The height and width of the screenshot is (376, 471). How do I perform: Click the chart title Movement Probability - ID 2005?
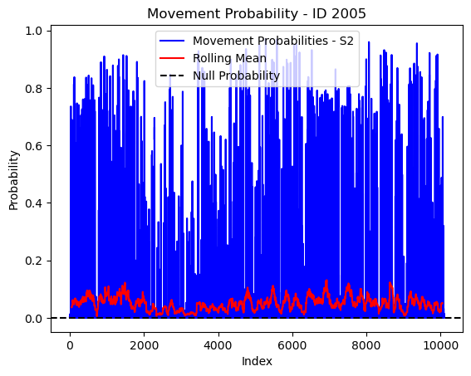coord(257,13)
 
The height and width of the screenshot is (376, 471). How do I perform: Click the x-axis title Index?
coord(257,361)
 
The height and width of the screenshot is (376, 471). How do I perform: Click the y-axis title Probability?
coord(14,180)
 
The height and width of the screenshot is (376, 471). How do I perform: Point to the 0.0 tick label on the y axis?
coord(33,319)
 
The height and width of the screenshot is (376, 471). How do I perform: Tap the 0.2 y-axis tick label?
coord(33,261)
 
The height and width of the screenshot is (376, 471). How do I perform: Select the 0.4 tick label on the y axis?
coord(33,203)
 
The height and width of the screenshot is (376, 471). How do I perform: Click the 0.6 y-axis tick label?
coord(33,146)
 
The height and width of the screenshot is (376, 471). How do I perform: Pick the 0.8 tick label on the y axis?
coord(33,89)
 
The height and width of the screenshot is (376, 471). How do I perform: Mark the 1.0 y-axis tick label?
coord(33,32)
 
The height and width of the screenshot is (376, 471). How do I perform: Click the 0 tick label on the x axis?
coord(70,345)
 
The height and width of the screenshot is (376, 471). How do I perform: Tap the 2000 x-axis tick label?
coord(144,345)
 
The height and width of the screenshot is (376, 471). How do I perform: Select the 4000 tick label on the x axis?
coord(218,345)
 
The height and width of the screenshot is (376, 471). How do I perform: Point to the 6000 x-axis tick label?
coord(292,345)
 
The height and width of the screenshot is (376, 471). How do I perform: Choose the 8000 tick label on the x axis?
coord(366,345)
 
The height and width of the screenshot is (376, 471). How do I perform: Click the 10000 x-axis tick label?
coord(440,345)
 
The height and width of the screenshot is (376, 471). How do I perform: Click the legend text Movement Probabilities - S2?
coord(273,41)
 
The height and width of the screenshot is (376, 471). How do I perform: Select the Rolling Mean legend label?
coord(229,58)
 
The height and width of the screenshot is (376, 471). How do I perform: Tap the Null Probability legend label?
coord(237,76)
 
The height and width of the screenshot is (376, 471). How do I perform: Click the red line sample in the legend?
coord(172,58)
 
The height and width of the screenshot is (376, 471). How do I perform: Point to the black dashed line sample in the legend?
coord(172,76)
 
